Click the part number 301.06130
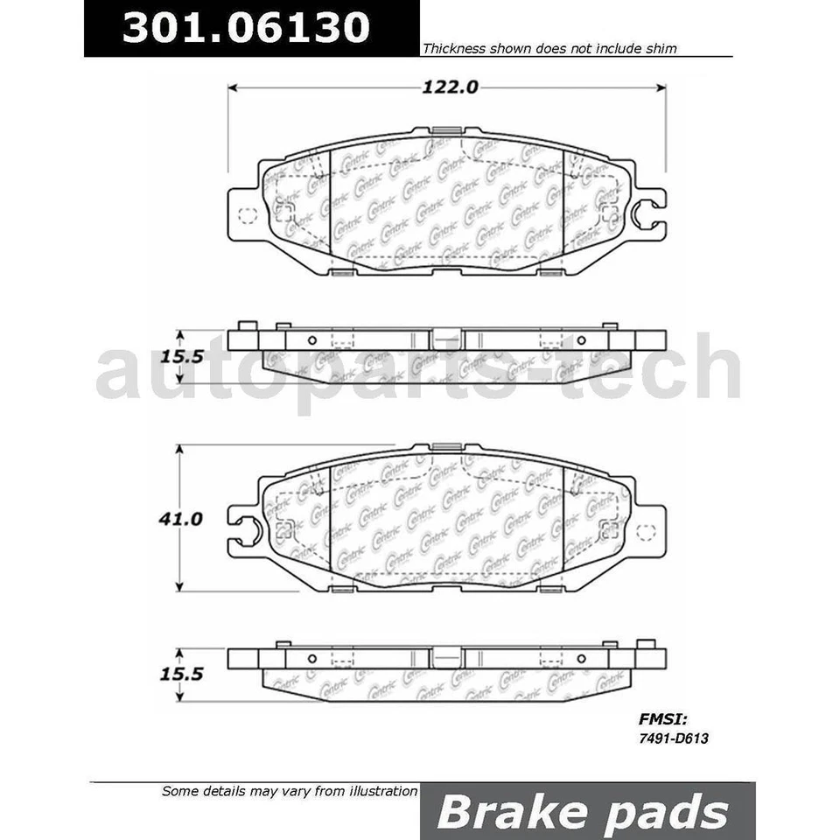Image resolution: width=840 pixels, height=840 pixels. [246, 28]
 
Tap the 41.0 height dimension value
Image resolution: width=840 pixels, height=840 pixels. [181, 519]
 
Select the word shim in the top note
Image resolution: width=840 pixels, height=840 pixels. [661, 49]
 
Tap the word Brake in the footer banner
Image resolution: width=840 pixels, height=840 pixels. [507, 812]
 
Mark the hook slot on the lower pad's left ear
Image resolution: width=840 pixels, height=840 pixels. [246, 528]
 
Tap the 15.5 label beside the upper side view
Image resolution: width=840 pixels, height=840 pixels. [181, 358]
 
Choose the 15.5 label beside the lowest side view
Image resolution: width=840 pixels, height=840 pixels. [181, 675]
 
